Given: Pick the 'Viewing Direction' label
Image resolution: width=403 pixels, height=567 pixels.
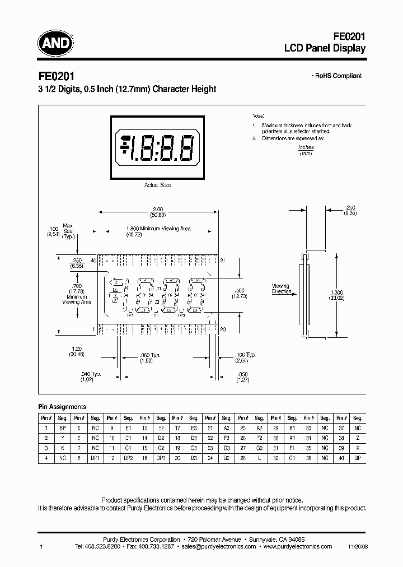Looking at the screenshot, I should click(x=281, y=289).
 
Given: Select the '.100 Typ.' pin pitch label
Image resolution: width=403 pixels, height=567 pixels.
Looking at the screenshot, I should click(x=245, y=355).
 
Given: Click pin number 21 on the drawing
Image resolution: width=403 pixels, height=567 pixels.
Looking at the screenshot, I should click(x=223, y=261).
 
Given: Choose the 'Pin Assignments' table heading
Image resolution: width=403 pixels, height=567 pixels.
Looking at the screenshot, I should click(x=62, y=407).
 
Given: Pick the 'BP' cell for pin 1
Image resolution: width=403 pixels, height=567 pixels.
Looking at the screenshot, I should click(x=62, y=427).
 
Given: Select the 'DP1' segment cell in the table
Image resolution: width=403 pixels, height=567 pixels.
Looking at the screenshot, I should click(x=95, y=457).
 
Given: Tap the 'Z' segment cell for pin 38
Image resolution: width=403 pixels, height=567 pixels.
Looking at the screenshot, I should click(x=357, y=437).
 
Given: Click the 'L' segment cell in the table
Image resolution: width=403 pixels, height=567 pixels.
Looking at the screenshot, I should click(x=259, y=457).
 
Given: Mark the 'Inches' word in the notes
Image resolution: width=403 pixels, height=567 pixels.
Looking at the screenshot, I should click(x=306, y=147).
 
